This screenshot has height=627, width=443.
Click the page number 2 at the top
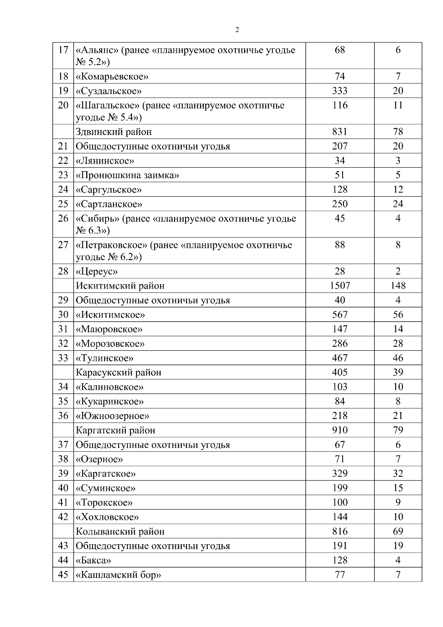(x=237, y=30)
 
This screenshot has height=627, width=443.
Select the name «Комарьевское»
(x=112, y=76)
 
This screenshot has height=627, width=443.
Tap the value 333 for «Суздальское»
(x=340, y=91)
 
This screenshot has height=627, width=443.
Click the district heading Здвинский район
(x=114, y=132)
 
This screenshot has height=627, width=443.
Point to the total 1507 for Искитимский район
(x=340, y=286)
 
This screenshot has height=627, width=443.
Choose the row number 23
(x=63, y=175)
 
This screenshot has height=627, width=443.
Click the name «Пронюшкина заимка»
(x=127, y=175)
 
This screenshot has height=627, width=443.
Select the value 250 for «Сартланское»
(x=340, y=204)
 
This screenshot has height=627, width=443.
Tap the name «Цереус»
(x=97, y=272)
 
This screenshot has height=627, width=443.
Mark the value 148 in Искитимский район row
(x=398, y=286)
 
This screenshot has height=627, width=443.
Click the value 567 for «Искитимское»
(x=340, y=315)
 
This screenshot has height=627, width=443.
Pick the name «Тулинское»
(x=104, y=358)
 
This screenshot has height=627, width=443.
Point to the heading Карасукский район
(x=119, y=372)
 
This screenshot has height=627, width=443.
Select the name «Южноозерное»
(x=112, y=416)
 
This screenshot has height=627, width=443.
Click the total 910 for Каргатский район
(x=340, y=430)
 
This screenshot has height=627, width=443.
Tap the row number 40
(x=63, y=488)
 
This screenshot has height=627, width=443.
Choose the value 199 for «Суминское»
(x=340, y=488)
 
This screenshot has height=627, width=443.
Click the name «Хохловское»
(x=107, y=517)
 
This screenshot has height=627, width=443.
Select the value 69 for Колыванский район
(x=398, y=531)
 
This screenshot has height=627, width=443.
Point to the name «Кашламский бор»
(x=118, y=575)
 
